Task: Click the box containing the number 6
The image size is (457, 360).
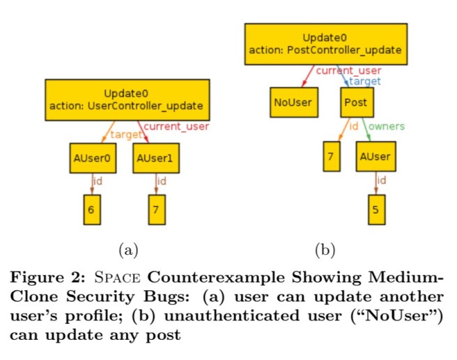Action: [x=93, y=210]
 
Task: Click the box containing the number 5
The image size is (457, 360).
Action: [x=376, y=210]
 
